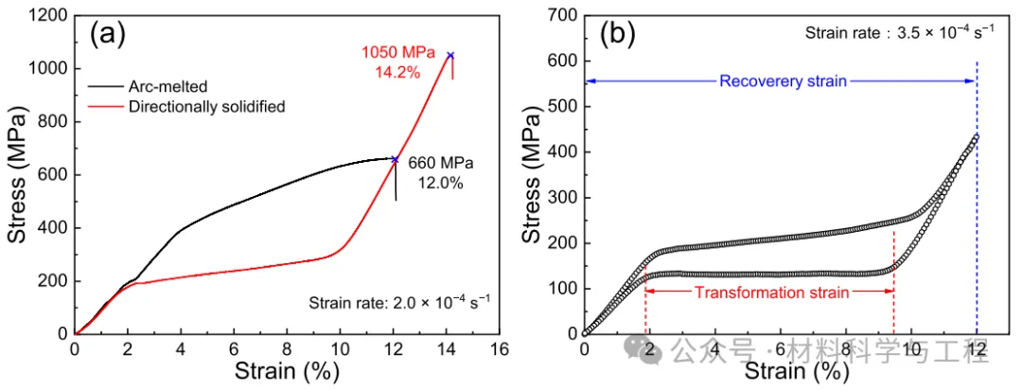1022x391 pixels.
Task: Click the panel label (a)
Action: point(107,35)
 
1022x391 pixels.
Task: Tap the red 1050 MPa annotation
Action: point(397,53)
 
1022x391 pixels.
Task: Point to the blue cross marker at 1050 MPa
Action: point(450,55)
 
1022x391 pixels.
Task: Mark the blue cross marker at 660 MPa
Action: point(395,159)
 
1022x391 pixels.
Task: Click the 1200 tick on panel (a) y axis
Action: point(47,16)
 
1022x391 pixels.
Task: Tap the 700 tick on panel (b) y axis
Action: point(561,16)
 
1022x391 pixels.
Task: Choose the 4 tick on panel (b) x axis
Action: point(715,348)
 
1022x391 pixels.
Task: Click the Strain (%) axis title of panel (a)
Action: point(288,372)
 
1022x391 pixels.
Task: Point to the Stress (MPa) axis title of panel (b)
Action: point(533,176)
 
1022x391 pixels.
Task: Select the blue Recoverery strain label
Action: point(783,81)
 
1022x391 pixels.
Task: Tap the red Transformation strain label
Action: point(768,293)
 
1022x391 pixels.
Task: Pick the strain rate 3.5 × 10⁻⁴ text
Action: point(899,31)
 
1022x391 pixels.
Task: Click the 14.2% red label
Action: point(397,71)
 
